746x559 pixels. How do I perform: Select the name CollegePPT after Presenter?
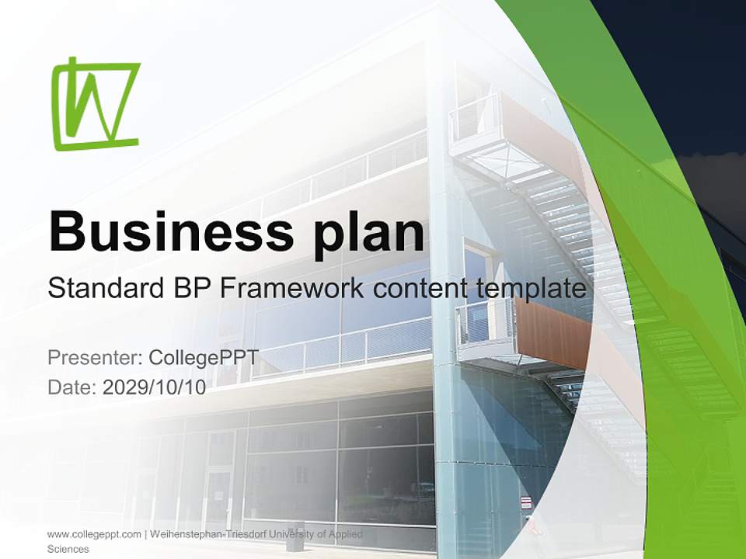click(203, 358)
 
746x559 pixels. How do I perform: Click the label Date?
click(72, 387)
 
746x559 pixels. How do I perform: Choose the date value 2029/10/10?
click(154, 387)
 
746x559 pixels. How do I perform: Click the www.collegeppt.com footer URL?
click(94, 534)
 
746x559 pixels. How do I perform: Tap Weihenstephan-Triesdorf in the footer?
click(204, 534)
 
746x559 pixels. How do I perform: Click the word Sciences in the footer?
click(68, 549)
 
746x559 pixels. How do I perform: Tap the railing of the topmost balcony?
click(474, 116)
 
